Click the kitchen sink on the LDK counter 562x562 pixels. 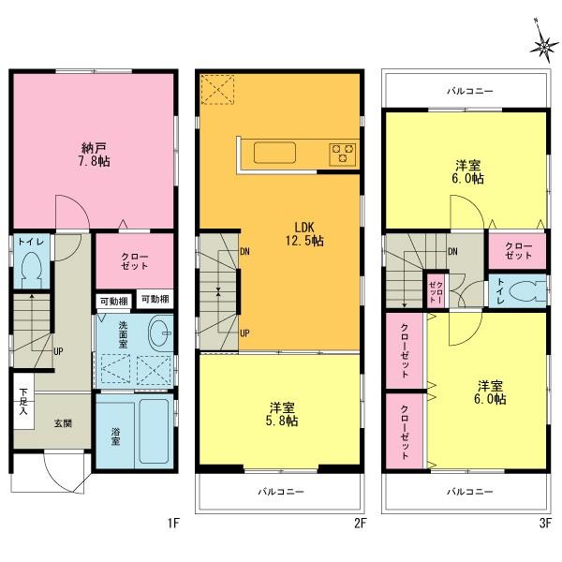pos(274,152)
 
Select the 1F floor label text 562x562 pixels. pos(174,525)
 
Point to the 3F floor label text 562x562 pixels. pos(542,525)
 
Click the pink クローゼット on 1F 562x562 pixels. pos(134,261)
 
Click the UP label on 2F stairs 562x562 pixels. pos(245,333)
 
